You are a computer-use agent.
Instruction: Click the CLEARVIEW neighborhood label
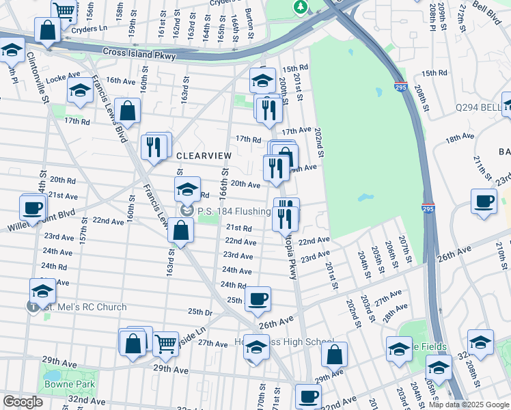(204, 156)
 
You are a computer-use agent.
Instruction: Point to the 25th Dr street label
(199, 312)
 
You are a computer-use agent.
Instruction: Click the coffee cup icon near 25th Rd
(258, 298)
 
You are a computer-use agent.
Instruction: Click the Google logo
(23, 402)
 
